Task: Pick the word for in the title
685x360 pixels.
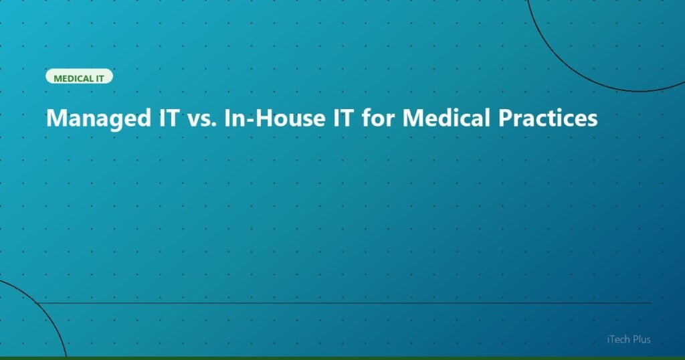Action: pyautogui.click(x=377, y=118)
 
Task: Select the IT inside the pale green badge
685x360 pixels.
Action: pyautogui.click(x=100, y=78)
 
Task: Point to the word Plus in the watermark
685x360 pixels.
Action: pyautogui.click(x=639, y=340)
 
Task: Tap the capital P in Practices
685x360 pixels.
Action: pyautogui.click(x=506, y=118)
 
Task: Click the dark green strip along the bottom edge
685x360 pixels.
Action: pyautogui.click(x=342, y=358)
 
